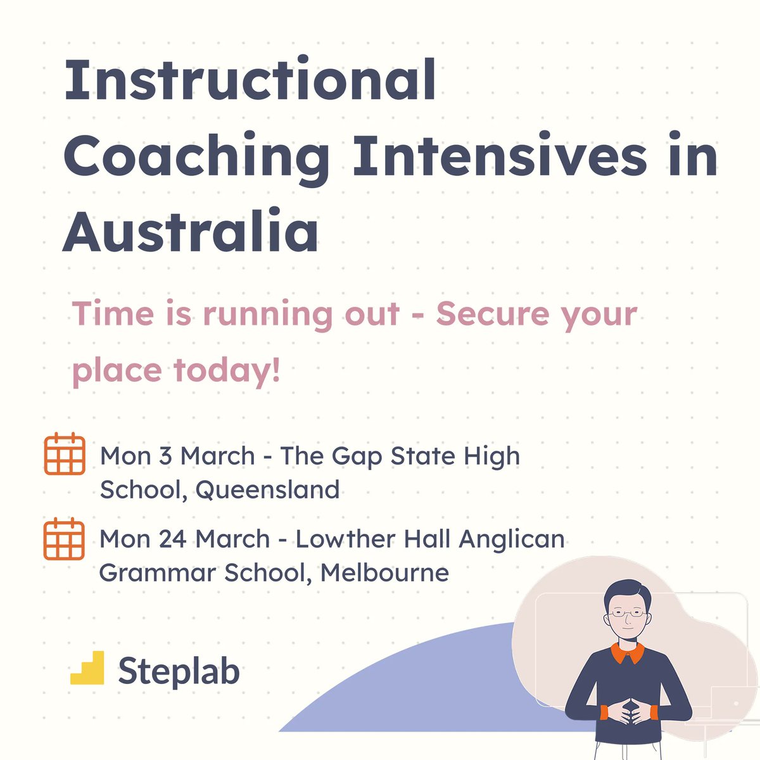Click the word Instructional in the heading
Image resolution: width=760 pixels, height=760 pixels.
[x=250, y=81]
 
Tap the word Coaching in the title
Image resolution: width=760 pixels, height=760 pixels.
[x=196, y=157]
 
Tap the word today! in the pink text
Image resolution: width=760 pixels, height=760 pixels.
[x=226, y=371]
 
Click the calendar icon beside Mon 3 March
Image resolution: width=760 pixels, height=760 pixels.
[x=65, y=454]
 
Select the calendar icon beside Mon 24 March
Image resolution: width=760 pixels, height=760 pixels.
[x=64, y=539]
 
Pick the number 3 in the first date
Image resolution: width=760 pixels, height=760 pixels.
[x=166, y=456]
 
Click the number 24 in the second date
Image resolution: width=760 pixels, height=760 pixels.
[x=170, y=539]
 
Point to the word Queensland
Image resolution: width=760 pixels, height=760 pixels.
[x=267, y=490]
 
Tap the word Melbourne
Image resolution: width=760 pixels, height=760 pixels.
[x=384, y=573]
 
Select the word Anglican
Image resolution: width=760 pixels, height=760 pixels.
[x=511, y=539]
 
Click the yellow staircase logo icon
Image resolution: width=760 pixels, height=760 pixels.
[x=87, y=668]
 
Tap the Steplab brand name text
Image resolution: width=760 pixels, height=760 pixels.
[x=179, y=671]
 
